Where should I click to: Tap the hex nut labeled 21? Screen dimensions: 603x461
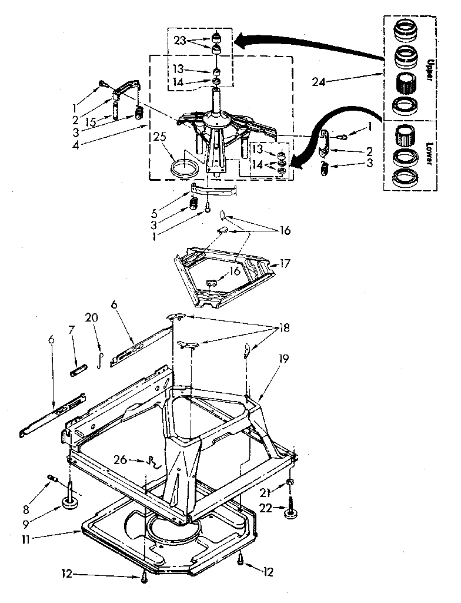point(290,483)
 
